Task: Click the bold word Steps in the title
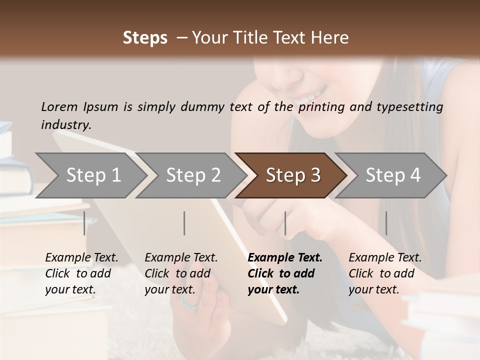coord(145,38)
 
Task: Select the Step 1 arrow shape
coord(90,175)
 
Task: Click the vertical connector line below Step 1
coord(84,223)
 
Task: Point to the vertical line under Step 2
coord(184,223)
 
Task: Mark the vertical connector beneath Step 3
coord(285,223)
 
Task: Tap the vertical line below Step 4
coord(386,223)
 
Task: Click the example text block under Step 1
coord(81,273)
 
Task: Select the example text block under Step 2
coord(181,273)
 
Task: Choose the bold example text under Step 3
coord(285,273)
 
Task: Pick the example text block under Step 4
coord(385,273)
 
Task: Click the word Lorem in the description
coord(59,107)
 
